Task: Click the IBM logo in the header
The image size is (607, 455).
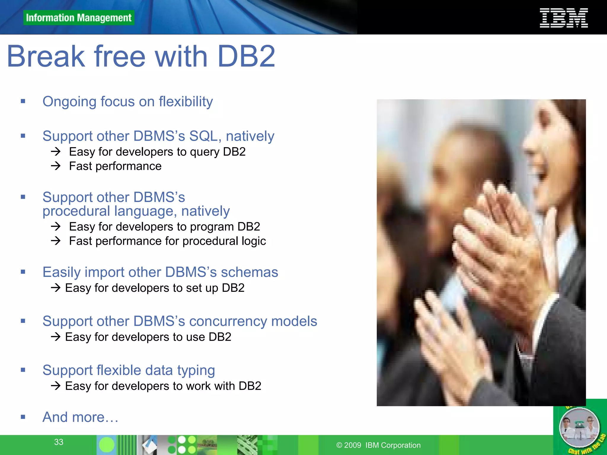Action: point(563,18)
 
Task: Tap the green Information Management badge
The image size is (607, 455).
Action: point(79,18)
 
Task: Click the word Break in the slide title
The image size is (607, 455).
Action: point(46,56)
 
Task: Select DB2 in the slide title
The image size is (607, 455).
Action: point(246,56)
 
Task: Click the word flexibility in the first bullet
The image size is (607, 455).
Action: point(186,102)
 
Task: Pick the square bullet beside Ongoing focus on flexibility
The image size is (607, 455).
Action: point(23,102)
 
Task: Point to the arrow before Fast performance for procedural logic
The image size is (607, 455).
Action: point(55,241)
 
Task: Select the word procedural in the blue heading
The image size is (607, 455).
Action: point(76,211)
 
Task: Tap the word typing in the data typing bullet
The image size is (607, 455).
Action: point(196,371)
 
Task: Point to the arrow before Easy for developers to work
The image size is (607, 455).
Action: point(55,386)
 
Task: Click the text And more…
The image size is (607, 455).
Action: point(80,417)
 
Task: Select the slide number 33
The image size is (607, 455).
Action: point(59,442)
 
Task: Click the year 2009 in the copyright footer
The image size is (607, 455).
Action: point(352,445)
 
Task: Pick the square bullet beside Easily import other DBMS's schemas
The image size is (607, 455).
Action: point(23,272)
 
